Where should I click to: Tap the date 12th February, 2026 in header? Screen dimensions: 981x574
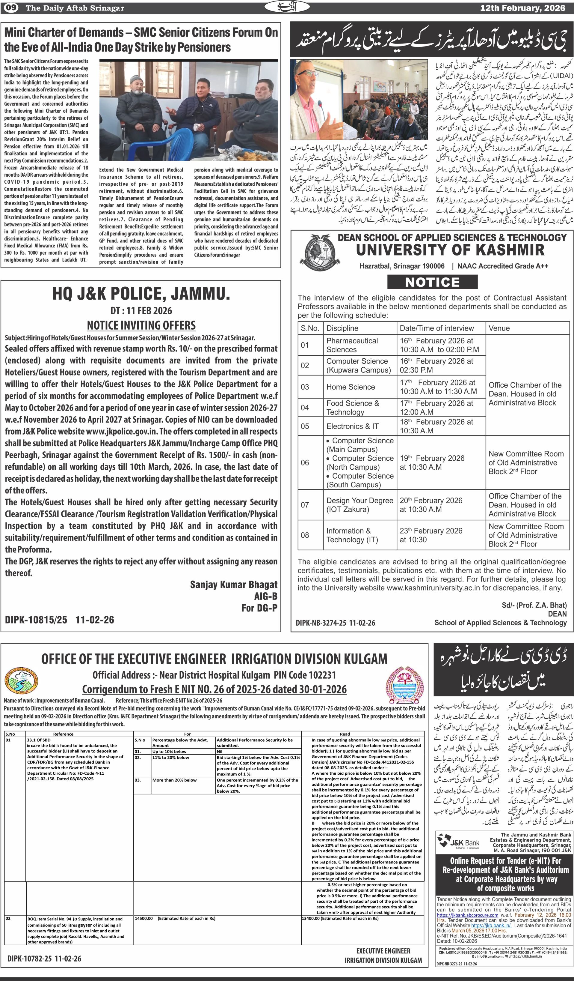pyautogui.click(x=522, y=8)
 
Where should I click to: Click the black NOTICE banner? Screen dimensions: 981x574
pyautogui.click(x=432, y=282)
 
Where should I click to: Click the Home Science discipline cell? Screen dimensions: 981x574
pyautogui.click(x=351, y=387)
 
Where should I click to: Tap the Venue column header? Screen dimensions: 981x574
pyautogui.click(x=499, y=328)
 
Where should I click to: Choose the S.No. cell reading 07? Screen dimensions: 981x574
pyautogui.click(x=305, y=505)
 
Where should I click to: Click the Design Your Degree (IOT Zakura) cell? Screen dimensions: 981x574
pyautogui.click(x=359, y=505)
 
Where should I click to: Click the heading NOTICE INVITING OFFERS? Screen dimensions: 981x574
pyautogui.click(x=141, y=325)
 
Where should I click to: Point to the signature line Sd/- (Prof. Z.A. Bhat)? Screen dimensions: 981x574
pyautogui.click(x=534, y=605)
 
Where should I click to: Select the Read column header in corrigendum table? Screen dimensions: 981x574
pyautogui.click(x=345, y=734)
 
